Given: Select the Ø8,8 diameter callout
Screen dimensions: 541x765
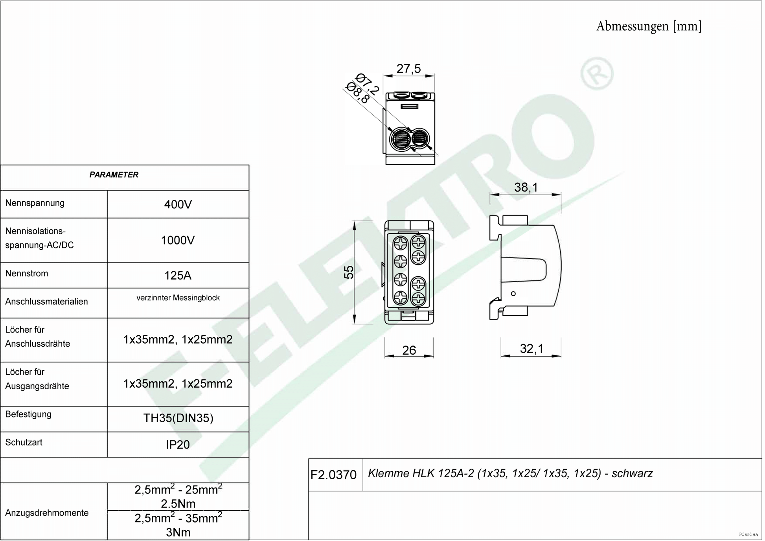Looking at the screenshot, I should (x=358, y=93).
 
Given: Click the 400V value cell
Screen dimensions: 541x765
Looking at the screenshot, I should (x=178, y=205).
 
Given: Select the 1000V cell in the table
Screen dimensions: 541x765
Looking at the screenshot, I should (x=178, y=241).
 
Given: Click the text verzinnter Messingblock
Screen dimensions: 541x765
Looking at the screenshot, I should (x=178, y=298).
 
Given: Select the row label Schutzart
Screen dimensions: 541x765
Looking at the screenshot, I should (x=24, y=443).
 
